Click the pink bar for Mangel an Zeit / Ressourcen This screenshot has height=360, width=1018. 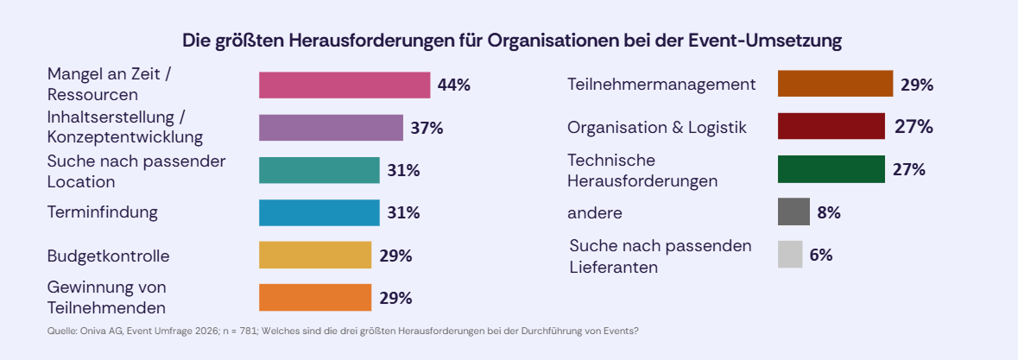pyautogui.click(x=345, y=85)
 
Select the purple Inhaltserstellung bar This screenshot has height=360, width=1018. pyautogui.click(x=331, y=128)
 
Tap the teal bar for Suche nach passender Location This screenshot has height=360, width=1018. pyautogui.click(x=319, y=170)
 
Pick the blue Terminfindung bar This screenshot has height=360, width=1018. pyautogui.click(x=319, y=212)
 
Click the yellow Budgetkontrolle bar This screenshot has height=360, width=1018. pyautogui.click(x=314, y=256)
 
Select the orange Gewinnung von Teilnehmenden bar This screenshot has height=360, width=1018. pyautogui.click(x=314, y=298)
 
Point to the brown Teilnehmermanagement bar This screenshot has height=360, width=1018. pyautogui.click(x=835, y=85)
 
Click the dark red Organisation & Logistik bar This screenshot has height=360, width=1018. pyautogui.click(x=831, y=127)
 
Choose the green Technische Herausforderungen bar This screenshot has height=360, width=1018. pyautogui.click(x=831, y=169)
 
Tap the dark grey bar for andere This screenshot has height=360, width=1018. pyautogui.click(x=794, y=212)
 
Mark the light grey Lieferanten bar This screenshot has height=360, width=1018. pyautogui.click(x=790, y=255)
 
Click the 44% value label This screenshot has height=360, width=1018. pyautogui.click(x=453, y=85)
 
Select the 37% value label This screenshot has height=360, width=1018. pyautogui.click(x=427, y=128)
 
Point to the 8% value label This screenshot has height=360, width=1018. pyautogui.click(x=828, y=212)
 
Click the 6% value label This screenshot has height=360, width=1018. pyautogui.click(x=820, y=256)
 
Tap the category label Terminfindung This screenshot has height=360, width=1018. pyautogui.click(x=103, y=212)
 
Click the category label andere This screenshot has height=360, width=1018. pyautogui.click(x=595, y=212)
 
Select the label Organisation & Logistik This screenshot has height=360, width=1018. pyautogui.click(x=656, y=127)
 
